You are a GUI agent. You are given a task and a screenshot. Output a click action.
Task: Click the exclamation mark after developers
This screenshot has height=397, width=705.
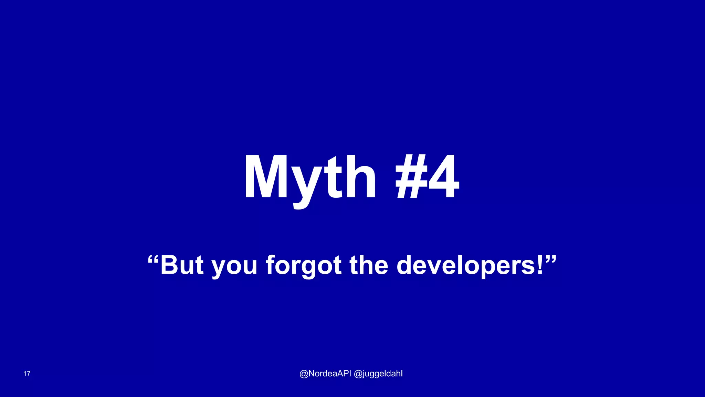click(x=540, y=265)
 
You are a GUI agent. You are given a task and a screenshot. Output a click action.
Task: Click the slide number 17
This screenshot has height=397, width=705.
click(x=27, y=374)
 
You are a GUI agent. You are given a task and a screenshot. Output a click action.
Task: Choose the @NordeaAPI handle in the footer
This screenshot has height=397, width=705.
click(x=325, y=374)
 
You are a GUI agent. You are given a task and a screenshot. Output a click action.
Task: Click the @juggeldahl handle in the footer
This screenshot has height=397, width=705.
click(x=378, y=374)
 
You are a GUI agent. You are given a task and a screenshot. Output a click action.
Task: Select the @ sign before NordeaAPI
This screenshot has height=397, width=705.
click(x=304, y=374)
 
